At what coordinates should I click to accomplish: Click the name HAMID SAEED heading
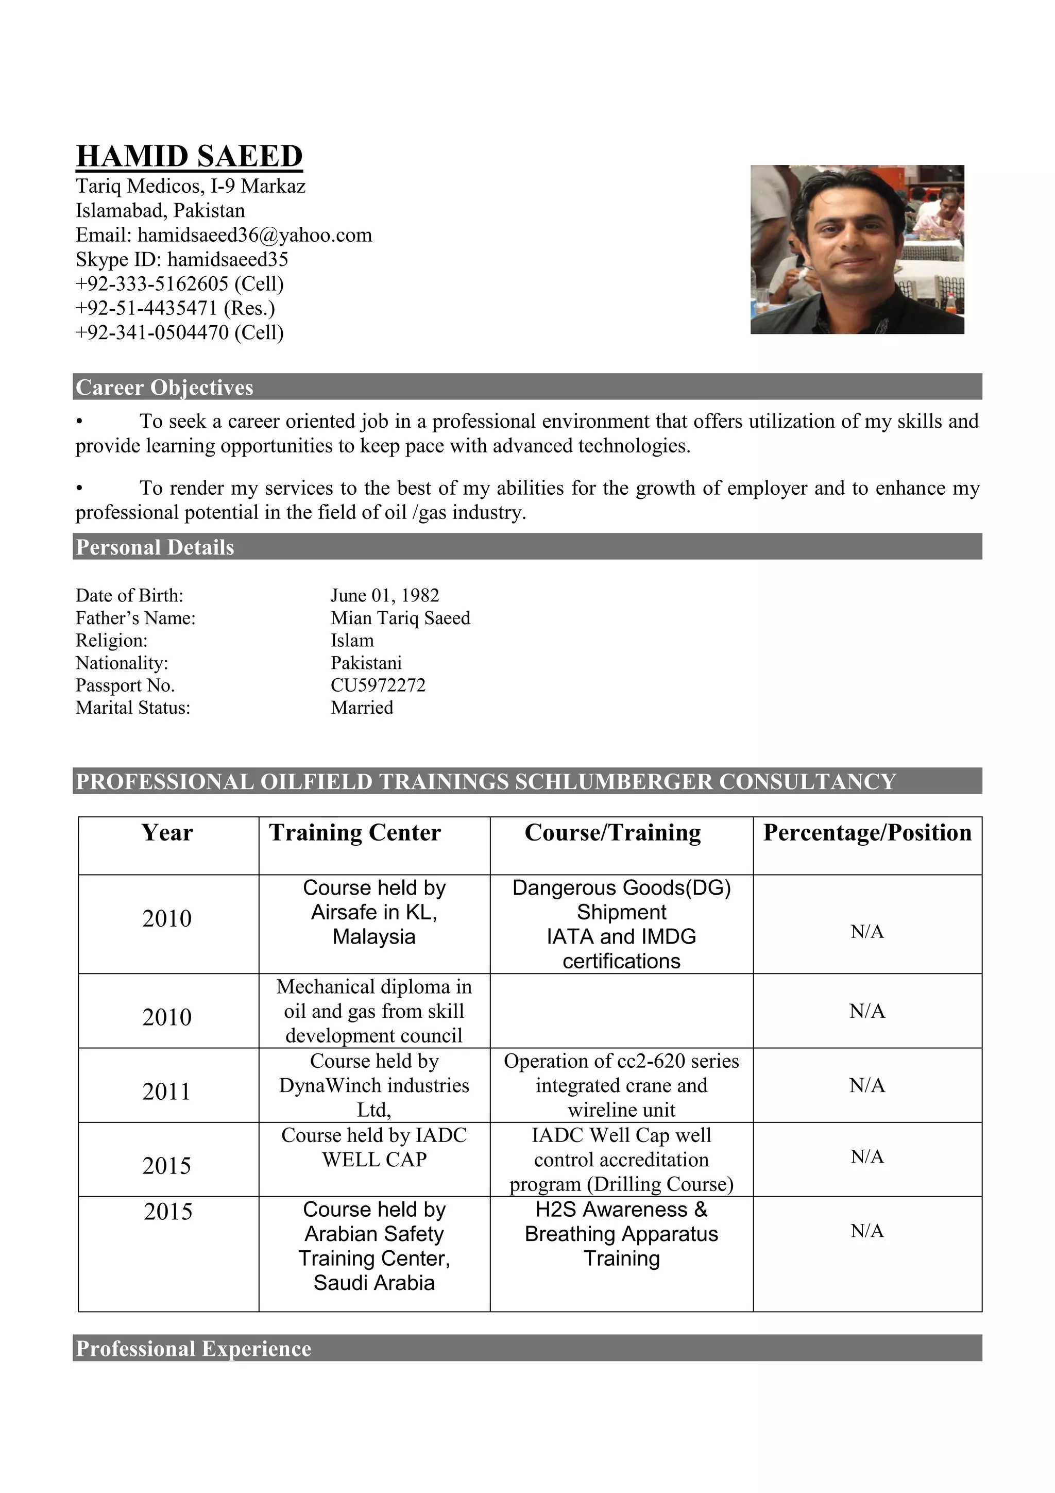click(189, 157)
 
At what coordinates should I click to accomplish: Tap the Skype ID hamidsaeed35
click(228, 259)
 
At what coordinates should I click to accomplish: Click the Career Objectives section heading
click(164, 388)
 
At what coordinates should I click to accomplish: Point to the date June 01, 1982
click(385, 596)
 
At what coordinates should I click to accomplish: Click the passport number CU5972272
click(378, 685)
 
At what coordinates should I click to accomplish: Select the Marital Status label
click(132, 708)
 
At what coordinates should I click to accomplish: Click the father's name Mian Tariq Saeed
click(400, 618)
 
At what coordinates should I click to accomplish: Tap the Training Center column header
click(355, 833)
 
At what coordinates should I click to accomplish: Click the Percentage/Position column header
click(867, 833)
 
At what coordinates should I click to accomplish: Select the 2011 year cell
click(167, 1092)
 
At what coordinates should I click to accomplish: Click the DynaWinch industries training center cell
click(374, 1085)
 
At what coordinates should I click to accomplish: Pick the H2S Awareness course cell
click(621, 1234)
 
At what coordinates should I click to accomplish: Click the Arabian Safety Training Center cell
click(374, 1246)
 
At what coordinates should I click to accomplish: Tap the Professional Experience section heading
click(194, 1349)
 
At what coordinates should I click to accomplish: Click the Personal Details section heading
click(155, 547)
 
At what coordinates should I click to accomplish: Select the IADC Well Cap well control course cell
click(621, 1160)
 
